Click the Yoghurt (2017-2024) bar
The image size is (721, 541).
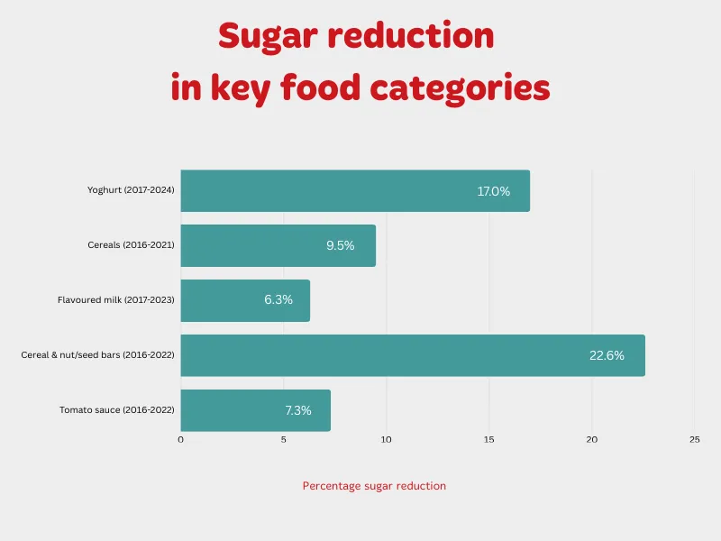pos(355,191)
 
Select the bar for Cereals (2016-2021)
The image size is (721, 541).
pos(278,245)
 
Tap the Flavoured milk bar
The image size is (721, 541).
pos(245,300)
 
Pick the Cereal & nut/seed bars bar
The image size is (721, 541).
pos(413,355)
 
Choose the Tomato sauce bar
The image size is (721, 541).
pos(255,410)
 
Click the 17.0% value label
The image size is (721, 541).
pos(494,191)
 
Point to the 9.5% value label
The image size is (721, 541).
pos(341,245)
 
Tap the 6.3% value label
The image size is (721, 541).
pos(278,300)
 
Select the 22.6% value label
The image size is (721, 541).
pos(607,355)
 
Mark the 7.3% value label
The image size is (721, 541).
pos(298,410)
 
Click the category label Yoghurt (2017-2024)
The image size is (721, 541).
pos(131,190)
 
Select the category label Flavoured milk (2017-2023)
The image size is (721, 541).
pos(116,299)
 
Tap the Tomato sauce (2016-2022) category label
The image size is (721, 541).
pos(117,409)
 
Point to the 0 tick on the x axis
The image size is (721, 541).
pos(180,440)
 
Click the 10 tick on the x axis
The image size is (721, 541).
pos(386,440)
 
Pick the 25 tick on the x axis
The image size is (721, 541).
pos(694,440)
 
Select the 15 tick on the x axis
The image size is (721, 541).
pos(488,440)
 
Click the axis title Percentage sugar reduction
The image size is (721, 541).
pos(374,486)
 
